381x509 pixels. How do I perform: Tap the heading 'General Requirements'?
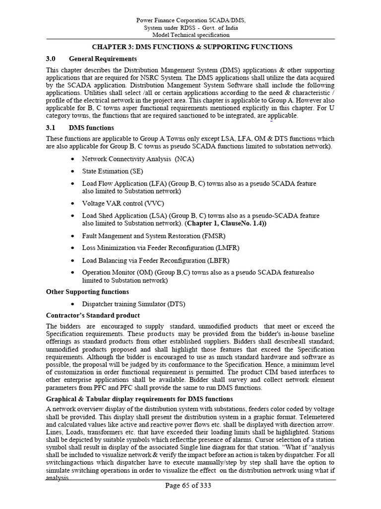click(x=103, y=59)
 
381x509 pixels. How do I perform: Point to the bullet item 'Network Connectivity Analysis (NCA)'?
click(x=138, y=159)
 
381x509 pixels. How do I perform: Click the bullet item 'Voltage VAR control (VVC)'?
click(x=123, y=203)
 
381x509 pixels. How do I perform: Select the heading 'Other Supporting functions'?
click(x=87, y=292)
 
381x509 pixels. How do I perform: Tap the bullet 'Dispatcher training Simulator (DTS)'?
click(x=133, y=304)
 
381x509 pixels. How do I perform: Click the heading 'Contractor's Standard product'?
click(x=93, y=316)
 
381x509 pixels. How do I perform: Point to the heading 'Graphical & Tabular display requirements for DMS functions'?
click(x=139, y=399)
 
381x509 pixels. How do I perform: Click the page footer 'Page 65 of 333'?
click(x=189, y=486)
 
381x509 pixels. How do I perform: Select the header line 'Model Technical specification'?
click(x=190, y=35)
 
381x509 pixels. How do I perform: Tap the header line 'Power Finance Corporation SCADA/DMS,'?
click(x=190, y=19)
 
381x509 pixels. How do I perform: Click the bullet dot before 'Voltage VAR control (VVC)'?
click(x=73, y=203)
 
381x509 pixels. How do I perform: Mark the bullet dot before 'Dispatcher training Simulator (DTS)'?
click(x=73, y=304)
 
